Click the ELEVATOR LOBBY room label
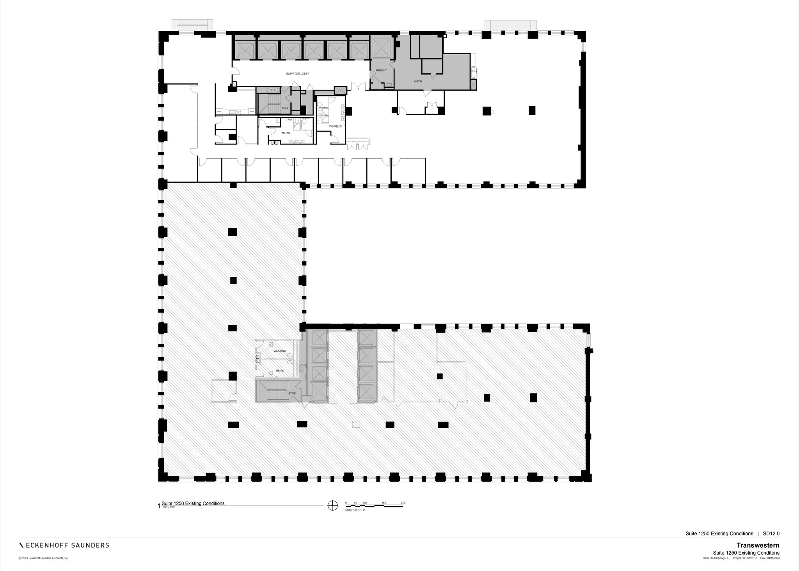click(x=297, y=74)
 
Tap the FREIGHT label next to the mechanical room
click(x=381, y=71)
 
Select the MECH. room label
click(x=418, y=82)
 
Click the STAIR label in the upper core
click(x=286, y=108)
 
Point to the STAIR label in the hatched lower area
click(x=292, y=393)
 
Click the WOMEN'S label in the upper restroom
click(x=335, y=126)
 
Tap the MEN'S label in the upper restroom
click(x=286, y=133)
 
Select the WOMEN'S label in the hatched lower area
click(x=280, y=351)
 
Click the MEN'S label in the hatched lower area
click(x=280, y=370)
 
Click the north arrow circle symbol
click(x=332, y=505)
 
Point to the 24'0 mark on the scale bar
click(x=403, y=503)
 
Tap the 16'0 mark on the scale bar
click(x=384, y=503)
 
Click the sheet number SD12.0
click(x=771, y=534)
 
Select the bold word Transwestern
click(x=758, y=545)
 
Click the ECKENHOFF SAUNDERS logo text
click(x=64, y=545)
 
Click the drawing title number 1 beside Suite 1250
click(x=159, y=506)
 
